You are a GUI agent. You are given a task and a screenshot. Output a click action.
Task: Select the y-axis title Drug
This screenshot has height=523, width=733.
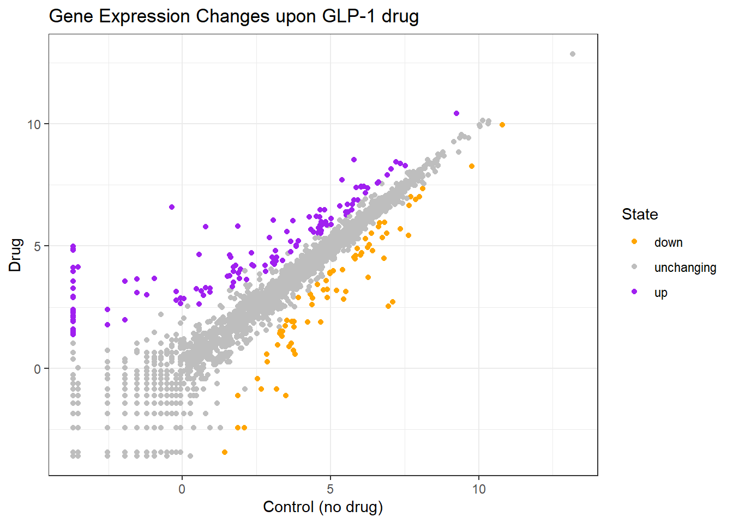(x=15, y=255)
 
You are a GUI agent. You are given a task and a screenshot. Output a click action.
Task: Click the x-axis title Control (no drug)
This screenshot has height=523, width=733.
(x=323, y=507)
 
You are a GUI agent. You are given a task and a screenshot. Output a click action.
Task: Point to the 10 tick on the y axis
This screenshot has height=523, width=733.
(x=34, y=124)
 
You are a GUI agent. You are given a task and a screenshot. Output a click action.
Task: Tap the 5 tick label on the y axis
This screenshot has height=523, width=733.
(x=37, y=246)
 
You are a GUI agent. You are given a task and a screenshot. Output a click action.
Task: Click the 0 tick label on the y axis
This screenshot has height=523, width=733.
(x=37, y=369)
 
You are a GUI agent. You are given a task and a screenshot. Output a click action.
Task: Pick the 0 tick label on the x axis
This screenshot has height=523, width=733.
(x=182, y=489)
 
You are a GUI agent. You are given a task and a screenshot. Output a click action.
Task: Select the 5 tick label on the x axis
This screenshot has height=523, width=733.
(x=331, y=489)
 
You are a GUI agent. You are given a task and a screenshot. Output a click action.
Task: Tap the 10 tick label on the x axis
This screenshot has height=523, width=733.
(x=479, y=489)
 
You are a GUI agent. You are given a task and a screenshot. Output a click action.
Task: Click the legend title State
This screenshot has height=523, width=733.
(x=640, y=215)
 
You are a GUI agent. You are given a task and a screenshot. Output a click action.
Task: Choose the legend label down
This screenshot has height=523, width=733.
(x=668, y=243)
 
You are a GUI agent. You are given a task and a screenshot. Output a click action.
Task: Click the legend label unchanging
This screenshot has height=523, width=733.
(x=685, y=267)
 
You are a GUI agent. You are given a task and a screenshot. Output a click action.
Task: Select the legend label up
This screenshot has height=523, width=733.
(x=660, y=293)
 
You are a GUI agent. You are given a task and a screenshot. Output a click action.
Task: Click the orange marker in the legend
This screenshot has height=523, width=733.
(x=634, y=242)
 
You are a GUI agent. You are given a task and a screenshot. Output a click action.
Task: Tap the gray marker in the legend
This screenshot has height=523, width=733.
(x=634, y=267)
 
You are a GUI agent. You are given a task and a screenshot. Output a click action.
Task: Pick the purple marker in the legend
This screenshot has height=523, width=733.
(x=634, y=292)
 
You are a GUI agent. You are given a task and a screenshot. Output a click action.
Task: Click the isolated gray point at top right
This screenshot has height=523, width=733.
(x=573, y=54)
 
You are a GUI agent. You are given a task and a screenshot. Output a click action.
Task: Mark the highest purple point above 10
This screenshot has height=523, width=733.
(x=456, y=113)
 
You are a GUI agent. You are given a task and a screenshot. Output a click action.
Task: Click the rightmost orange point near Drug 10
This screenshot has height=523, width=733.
(x=502, y=125)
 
